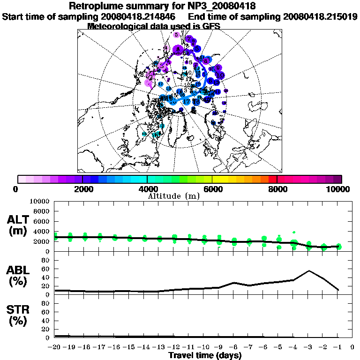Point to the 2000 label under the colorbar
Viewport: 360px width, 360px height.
[82, 189]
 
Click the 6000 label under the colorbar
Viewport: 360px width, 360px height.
[212, 189]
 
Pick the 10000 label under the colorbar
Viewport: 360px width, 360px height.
[338, 189]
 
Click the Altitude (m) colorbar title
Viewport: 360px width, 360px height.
[174, 195]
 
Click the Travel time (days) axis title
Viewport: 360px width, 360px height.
[205, 356]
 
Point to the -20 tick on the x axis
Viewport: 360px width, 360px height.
[55, 347]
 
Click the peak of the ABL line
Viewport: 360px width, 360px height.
[309, 270]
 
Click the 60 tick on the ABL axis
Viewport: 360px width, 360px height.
[45, 269]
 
